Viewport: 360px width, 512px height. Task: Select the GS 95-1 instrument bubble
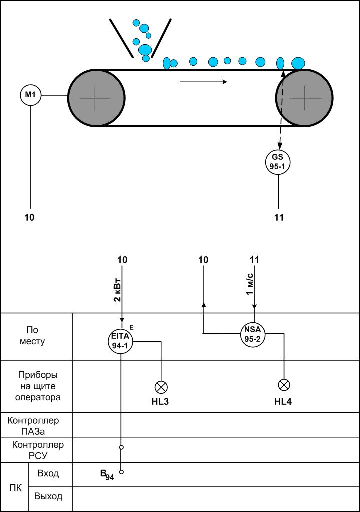278,161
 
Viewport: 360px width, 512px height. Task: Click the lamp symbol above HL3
161,386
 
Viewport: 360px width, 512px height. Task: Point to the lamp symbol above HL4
284,385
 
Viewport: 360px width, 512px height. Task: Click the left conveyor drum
96,97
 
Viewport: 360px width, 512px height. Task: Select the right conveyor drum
304,97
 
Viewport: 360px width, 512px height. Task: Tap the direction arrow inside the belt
203,82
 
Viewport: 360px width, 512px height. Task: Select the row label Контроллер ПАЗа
33,425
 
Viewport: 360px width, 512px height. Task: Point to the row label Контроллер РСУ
38,449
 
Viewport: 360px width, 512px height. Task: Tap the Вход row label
48,473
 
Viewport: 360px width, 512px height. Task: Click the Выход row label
48,497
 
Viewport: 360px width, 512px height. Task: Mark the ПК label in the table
16,486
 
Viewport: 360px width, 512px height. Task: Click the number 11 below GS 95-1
279,217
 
